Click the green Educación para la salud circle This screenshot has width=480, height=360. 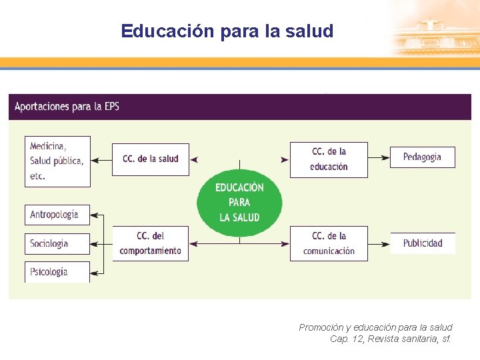(239, 201)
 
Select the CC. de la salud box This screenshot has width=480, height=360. (150, 159)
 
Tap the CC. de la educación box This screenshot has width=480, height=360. (329, 159)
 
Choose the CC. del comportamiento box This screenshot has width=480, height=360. (150, 243)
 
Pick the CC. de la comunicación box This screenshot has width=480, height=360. (329, 243)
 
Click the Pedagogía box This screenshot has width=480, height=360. (422, 157)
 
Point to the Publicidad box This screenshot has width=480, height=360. (423, 243)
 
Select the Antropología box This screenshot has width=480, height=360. (57, 215)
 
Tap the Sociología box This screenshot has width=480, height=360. (57, 243)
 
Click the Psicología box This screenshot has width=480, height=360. (57, 272)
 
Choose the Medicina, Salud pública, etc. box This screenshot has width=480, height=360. (57, 161)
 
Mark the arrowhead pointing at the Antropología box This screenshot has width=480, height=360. (93, 215)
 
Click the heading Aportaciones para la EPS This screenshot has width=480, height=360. (67, 107)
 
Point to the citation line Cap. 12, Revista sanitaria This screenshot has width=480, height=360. (391, 339)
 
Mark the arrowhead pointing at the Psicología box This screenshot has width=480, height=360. (93, 272)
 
